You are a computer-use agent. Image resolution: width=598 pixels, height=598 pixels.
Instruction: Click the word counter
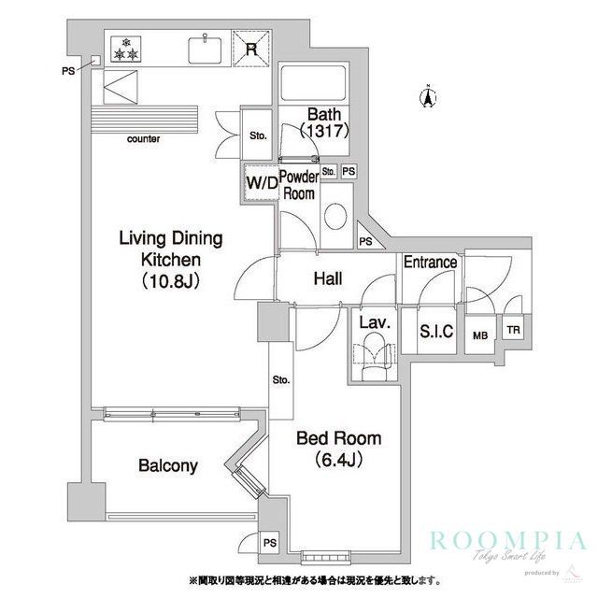coord(143,139)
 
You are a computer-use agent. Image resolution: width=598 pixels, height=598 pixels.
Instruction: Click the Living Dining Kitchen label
coord(161,258)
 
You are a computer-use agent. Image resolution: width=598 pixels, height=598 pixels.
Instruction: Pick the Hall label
coord(326,278)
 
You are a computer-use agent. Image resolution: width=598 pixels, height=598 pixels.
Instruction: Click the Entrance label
coord(430,263)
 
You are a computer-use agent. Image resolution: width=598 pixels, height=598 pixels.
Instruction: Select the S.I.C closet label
coord(436,330)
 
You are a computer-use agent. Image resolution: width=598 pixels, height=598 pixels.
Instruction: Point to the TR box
coord(512,330)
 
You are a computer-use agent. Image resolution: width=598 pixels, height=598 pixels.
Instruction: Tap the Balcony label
coord(167,465)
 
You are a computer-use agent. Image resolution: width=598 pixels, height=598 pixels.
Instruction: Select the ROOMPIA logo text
coord(508,541)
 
